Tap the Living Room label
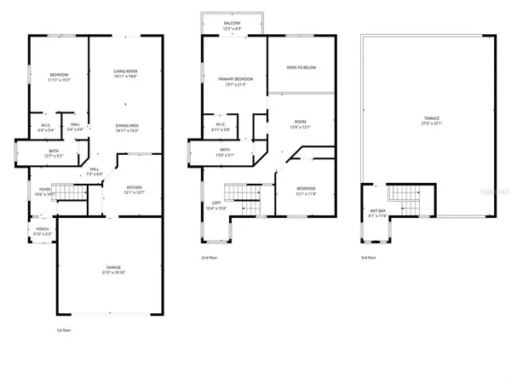[x=126, y=72]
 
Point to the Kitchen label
[x=133, y=188]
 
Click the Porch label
[x=42, y=230]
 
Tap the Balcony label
[x=232, y=25]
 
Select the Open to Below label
[x=301, y=67]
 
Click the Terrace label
[x=427, y=120]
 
